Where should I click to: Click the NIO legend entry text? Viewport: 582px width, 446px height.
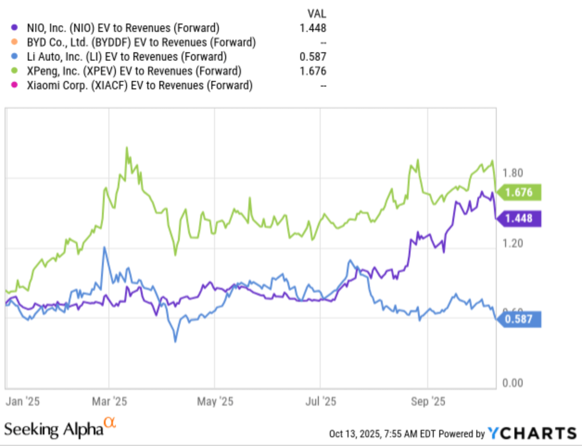tap(123, 28)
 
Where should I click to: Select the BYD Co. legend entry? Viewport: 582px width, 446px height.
tap(141, 43)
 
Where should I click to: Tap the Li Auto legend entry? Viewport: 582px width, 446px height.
tap(127, 57)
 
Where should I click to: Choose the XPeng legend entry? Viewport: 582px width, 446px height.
tap(134, 71)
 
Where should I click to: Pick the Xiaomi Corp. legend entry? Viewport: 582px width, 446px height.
tap(139, 86)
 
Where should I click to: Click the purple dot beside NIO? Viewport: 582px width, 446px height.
tap(15, 28)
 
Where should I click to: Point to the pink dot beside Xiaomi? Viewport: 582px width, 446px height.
tap(15, 86)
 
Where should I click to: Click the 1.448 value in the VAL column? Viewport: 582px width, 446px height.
tap(313, 28)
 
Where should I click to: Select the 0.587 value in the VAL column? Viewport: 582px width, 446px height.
tap(313, 57)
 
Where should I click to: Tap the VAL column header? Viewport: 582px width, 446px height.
tap(316, 13)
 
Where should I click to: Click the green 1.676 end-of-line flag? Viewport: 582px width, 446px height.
tap(519, 192)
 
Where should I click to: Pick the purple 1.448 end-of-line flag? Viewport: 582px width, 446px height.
tap(519, 218)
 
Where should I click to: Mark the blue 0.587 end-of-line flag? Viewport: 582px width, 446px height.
tap(519, 319)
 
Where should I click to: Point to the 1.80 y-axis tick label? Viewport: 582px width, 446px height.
tap(512, 173)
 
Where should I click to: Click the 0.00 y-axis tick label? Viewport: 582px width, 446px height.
tap(512, 383)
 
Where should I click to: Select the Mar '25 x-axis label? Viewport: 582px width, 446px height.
tap(109, 401)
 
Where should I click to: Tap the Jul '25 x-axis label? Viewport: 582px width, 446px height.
tap(321, 401)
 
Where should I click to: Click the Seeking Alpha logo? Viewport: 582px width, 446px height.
tap(59, 428)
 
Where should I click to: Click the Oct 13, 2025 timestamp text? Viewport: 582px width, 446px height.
tap(383, 434)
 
